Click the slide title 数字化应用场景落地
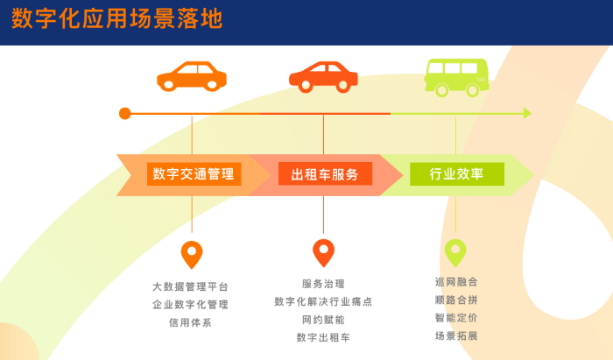pos(116,19)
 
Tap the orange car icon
pos(192,76)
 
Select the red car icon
pos(323,76)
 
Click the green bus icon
pos(456,76)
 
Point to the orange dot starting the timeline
pos(125,113)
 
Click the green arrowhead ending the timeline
pos(527,113)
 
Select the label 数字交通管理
pos(194,173)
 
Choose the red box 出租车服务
pos(325,173)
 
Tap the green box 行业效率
pos(456,173)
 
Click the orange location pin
pos(192,254)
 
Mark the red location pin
pos(324,252)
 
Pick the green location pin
pos(455,252)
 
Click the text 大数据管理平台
pos(191,286)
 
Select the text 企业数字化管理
pos(191,304)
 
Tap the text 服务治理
pos(323,284)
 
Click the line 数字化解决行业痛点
pos(323,301)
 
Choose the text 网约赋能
pos(323,319)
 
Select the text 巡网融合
pos(456,282)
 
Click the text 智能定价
pos(456,317)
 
